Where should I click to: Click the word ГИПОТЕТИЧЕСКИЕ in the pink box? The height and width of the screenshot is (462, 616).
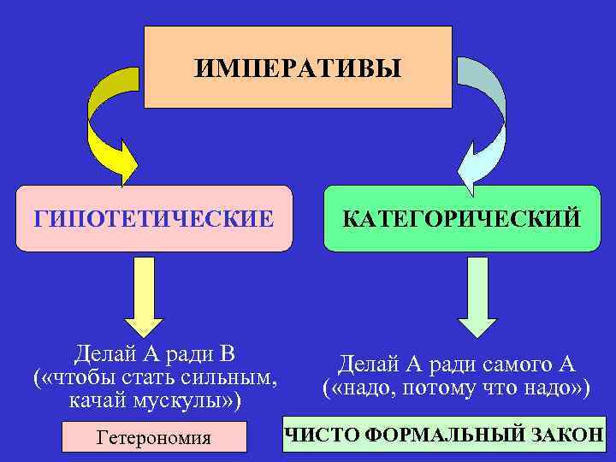click(154, 218)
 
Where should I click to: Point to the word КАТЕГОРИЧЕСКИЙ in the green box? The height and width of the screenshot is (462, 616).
click(461, 218)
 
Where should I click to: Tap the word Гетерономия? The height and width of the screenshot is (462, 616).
click(154, 438)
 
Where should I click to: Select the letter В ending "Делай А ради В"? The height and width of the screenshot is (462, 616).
click(227, 353)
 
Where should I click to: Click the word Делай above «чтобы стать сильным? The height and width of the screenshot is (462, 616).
click(104, 353)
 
